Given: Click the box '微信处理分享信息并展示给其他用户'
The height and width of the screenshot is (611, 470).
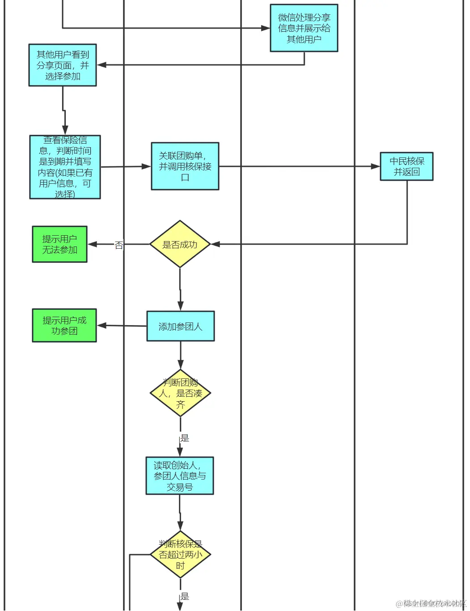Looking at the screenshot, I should tap(304, 28).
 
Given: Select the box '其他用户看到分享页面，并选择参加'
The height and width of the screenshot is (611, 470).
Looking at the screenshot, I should tap(63, 65).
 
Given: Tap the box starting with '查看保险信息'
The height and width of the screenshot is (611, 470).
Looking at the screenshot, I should tap(65, 167).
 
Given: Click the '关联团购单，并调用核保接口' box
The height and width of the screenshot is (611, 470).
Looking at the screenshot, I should tap(185, 166).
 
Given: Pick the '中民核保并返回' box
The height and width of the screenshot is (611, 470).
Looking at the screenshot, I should tap(406, 166).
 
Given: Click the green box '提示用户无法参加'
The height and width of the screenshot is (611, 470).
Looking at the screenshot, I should tap(59, 244).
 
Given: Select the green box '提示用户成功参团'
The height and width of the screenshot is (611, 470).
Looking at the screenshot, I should tap(64, 326).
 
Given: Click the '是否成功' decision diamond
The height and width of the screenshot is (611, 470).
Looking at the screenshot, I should tap(180, 244).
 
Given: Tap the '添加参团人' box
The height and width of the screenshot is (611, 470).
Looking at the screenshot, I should tap(180, 327).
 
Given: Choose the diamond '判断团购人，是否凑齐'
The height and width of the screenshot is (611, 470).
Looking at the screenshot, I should tap(180, 393).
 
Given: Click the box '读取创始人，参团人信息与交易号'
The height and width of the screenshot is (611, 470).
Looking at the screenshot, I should tap(180, 476).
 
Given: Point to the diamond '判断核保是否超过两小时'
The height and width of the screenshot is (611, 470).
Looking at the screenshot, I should tap(180, 555).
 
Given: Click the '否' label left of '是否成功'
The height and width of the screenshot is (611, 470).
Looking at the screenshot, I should tap(119, 245).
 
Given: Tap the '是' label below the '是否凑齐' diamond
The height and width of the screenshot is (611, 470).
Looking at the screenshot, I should tap(185, 438).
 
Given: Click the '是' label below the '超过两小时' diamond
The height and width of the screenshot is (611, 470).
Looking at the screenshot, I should tap(185, 596).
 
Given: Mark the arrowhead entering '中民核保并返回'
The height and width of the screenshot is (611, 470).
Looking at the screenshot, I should tap(376, 166).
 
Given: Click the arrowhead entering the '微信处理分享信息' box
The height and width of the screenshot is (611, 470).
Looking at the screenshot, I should tap(266, 28).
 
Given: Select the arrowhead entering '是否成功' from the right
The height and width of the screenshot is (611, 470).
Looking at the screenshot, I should tap(216, 244).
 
